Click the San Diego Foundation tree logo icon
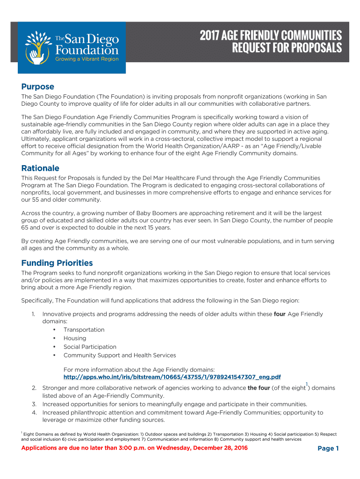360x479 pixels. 37,47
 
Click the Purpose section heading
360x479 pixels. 38,87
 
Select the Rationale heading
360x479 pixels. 40,168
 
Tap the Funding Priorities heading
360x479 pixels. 57,263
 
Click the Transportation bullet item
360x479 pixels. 84,330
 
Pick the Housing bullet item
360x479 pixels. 75,338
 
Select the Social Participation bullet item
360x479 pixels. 90,347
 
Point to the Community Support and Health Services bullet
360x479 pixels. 120,356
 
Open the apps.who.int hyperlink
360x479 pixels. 172,377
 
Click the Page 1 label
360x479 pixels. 328,449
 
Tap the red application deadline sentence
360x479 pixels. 135,448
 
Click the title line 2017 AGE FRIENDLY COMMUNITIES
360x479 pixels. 271,36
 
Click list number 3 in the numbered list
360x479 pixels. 34,404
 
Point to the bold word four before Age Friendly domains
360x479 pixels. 280,314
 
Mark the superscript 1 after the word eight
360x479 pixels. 307,385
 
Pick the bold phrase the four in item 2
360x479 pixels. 259,388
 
